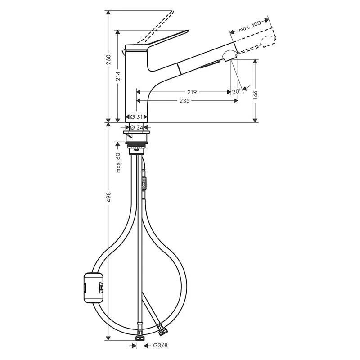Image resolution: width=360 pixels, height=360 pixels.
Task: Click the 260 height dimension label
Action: (108, 59)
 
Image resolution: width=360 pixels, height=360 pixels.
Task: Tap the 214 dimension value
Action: (118, 76)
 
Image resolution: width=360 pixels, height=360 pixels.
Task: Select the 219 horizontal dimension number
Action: (192, 92)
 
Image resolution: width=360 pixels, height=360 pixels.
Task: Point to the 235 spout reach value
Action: (184, 101)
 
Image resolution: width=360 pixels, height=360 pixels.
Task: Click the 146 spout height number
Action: (255, 95)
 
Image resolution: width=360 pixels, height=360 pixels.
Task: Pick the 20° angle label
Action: (237, 92)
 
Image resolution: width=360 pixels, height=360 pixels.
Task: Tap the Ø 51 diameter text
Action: (136, 117)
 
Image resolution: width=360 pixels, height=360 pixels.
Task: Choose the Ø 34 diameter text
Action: (136, 127)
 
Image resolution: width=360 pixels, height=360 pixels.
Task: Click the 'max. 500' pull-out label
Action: (250, 27)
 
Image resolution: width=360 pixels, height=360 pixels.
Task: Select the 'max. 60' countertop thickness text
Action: (118, 162)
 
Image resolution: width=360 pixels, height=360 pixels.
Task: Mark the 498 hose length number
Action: (108, 197)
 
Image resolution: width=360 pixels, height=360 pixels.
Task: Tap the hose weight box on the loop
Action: (94, 287)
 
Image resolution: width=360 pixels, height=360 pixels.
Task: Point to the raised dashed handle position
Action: (155, 27)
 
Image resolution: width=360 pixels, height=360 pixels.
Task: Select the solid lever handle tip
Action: (188, 31)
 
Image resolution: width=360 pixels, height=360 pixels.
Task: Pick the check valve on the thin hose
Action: (144, 184)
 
